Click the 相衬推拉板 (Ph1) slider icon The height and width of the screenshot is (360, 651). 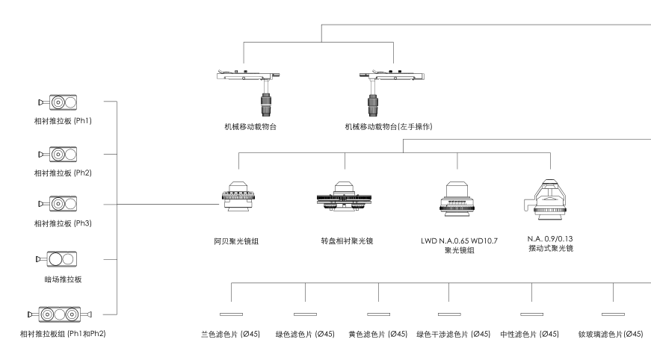tap(58, 102)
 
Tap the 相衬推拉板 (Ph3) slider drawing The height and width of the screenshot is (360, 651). tap(58, 204)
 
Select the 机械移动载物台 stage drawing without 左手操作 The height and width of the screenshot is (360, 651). tap(246, 86)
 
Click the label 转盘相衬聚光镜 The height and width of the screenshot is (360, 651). tap(345, 242)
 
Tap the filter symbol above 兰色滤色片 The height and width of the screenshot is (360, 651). tap(231, 314)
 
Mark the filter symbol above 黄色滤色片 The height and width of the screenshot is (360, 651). tap(379, 314)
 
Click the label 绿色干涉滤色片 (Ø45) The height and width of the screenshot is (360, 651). tap(453, 334)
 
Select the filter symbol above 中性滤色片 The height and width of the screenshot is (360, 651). tap(531, 314)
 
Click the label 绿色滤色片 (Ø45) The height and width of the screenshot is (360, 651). tap(305, 334)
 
